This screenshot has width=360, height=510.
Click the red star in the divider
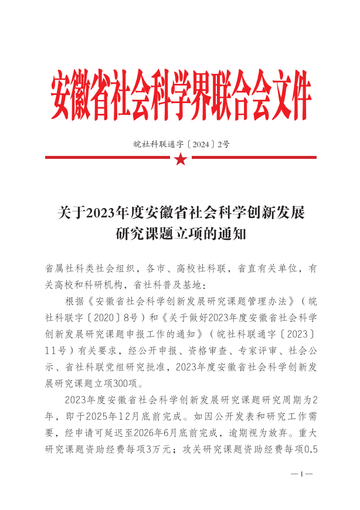pos(181,158)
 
